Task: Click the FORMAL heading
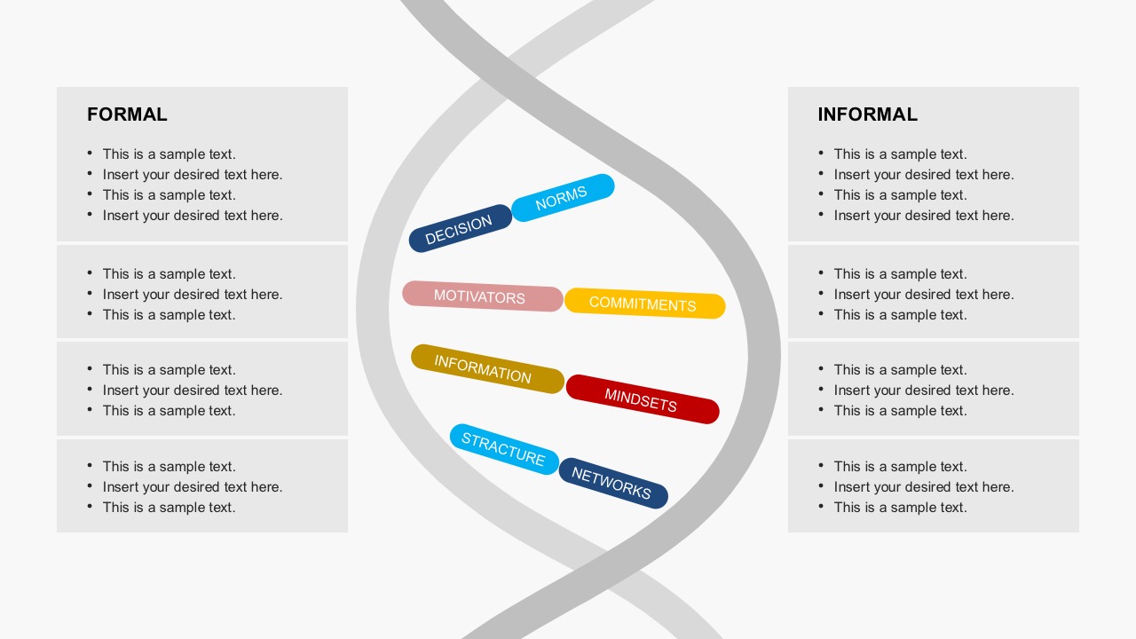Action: tap(127, 114)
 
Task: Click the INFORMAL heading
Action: tap(868, 114)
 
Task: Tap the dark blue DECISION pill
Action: tap(461, 228)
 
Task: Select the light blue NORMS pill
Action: tap(563, 198)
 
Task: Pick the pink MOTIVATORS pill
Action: tap(482, 296)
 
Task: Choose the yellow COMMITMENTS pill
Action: tap(644, 304)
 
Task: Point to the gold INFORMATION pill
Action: tap(487, 368)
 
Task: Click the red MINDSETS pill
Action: tap(643, 399)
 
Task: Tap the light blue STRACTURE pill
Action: tap(504, 449)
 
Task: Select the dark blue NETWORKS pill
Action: tap(613, 483)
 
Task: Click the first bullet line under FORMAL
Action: tap(170, 154)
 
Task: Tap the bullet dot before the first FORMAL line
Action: tap(90, 153)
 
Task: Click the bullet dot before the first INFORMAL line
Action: tap(821, 153)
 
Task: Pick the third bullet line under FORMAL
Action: tap(170, 194)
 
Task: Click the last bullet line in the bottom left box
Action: tap(170, 507)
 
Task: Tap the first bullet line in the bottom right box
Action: tap(900, 466)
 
